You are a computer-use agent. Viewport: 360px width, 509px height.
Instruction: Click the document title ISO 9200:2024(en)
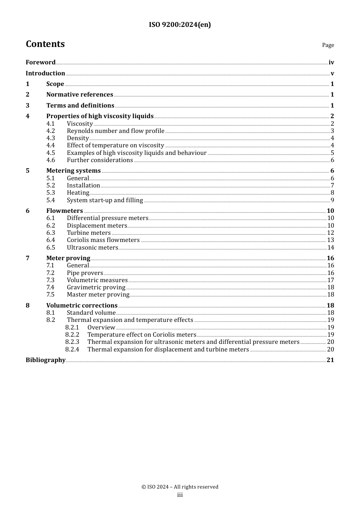coord(180,25)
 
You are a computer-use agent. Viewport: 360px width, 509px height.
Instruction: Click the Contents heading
coord(45,44)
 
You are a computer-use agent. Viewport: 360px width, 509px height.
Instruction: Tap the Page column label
coord(328,45)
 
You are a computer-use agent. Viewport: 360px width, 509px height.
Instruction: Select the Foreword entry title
coord(41,62)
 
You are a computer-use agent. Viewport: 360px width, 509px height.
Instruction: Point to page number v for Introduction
coord(332,73)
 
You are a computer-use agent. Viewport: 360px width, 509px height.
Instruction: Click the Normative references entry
coord(80,95)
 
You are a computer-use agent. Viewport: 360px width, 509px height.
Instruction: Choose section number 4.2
coord(51,131)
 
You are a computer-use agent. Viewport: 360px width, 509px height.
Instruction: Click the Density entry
coord(78,138)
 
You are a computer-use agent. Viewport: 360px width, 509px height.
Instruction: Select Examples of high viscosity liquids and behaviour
coord(136,153)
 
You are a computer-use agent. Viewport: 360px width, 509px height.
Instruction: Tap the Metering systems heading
coord(74,171)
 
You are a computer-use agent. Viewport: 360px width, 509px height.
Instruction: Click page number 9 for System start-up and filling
coord(332,200)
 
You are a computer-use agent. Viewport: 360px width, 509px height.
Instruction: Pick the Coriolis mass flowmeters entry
coord(103,240)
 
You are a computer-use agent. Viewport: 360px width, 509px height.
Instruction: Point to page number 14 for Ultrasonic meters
coord(330,248)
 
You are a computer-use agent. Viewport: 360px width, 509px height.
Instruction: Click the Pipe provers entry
coord(85,273)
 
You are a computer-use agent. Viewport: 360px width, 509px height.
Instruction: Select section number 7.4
coord(51,287)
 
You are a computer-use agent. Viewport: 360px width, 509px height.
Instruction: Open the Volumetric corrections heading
coord(82,306)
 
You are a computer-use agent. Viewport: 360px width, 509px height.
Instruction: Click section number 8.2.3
coord(72,342)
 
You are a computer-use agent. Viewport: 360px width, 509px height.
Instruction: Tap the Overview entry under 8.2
coord(101,328)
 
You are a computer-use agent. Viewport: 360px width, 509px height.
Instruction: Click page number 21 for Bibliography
coord(330,360)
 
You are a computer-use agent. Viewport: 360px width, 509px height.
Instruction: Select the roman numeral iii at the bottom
coord(180,495)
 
